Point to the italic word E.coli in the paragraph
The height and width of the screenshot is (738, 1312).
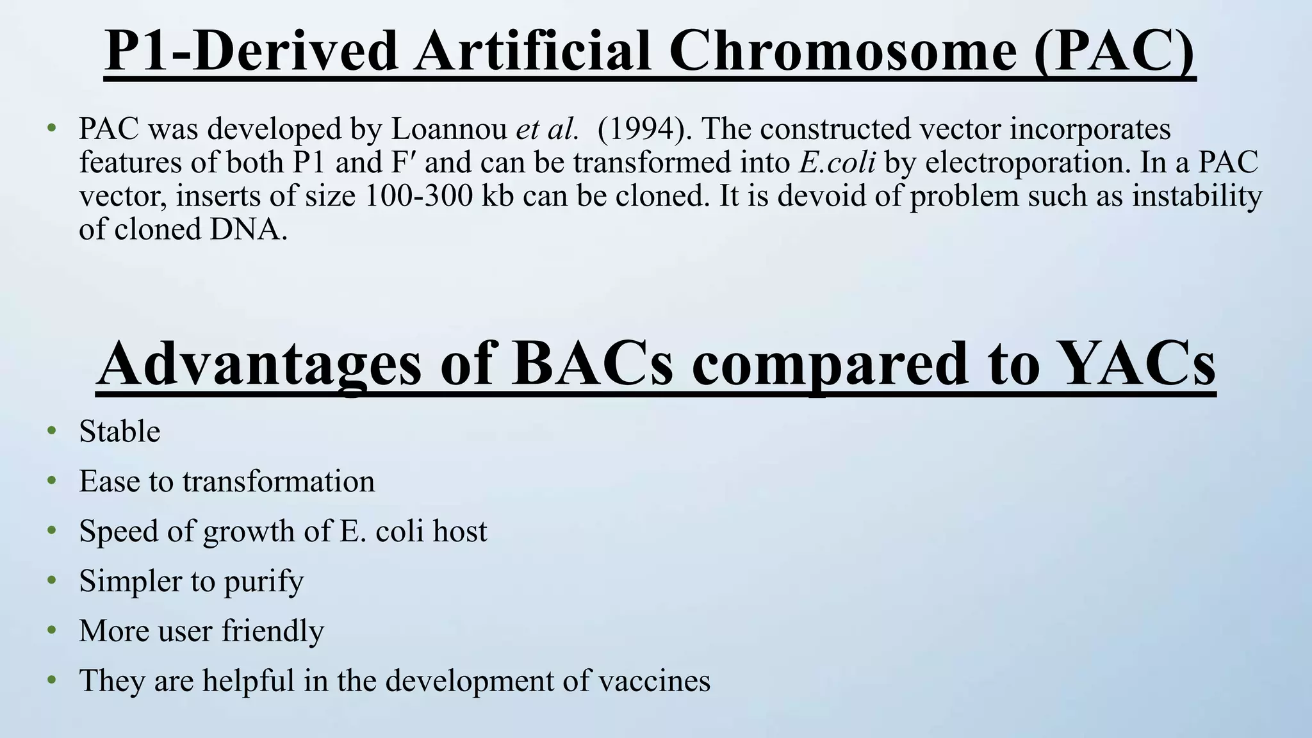point(837,163)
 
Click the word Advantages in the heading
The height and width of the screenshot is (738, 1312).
point(259,364)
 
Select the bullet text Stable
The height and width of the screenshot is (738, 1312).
point(119,431)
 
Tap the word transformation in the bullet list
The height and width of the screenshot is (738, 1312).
point(278,481)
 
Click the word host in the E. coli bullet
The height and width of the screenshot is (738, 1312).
point(459,531)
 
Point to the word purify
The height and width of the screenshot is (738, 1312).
point(263,582)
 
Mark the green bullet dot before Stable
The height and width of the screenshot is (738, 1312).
point(52,430)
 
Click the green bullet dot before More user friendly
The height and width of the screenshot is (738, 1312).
point(52,630)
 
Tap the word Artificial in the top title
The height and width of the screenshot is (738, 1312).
point(532,51)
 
